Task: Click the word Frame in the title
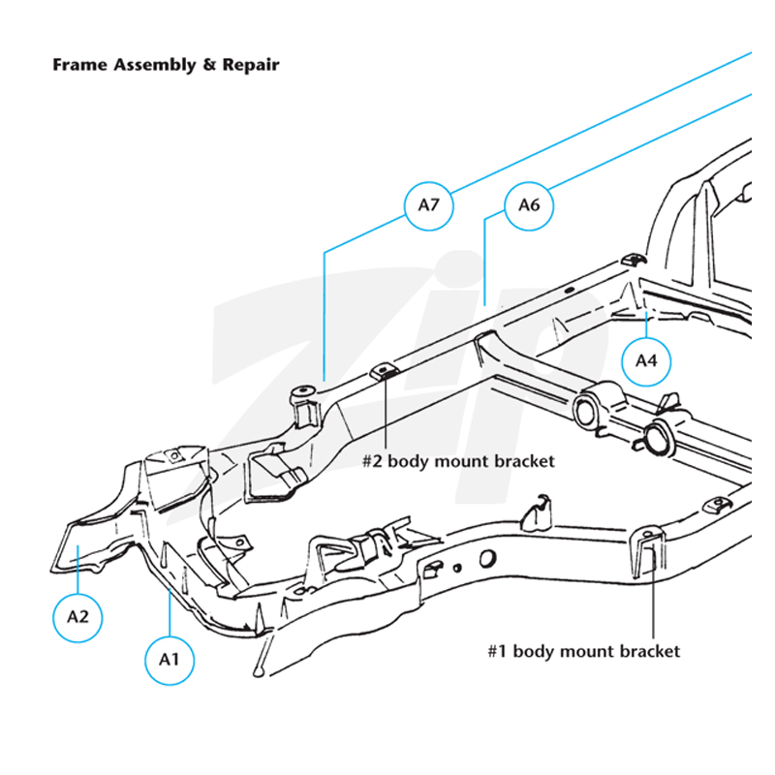79,65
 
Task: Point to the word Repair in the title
251,66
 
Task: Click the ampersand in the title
209,65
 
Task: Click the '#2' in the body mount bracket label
372,461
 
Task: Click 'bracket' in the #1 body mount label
650,651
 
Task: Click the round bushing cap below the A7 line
302,391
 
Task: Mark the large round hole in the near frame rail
487,559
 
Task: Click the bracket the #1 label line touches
648,551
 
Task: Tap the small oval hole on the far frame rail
569,290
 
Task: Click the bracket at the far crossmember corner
633,260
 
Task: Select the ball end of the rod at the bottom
258,671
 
